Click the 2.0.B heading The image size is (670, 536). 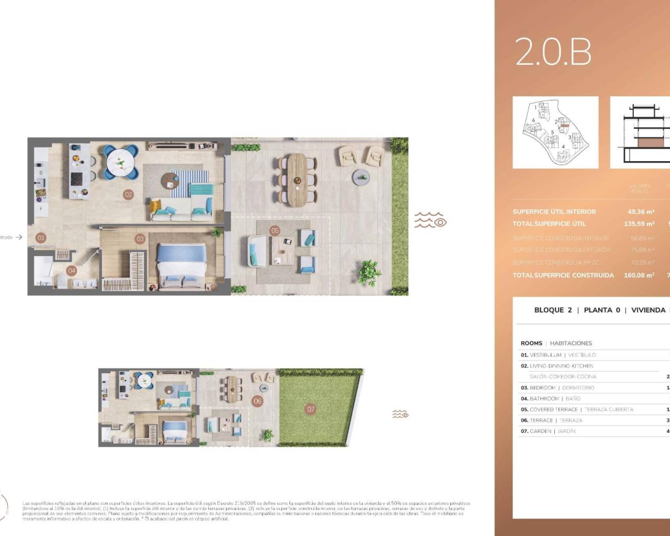click(553, 52)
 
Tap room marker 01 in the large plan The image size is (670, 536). click(41, 238)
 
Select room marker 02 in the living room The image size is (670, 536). click(128, 194)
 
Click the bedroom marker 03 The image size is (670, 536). click(140, 239)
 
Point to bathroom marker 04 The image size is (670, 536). click(72, 271)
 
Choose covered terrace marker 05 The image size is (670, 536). click(275, 230)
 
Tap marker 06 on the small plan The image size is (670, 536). click(257, 401)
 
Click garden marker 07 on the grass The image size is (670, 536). click(311, 409)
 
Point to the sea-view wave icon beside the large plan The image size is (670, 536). click(430, 220)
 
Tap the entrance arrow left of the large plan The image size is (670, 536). click(19, 237)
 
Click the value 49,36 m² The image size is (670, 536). click(641, 212)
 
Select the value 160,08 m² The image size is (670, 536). click(639, 275)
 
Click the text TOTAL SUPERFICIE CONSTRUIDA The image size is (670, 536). click(563, 275)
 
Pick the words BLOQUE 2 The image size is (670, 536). click(553, 310)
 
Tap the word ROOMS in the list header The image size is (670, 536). click(531, 343)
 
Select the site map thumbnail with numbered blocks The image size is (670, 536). click(555, 132)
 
